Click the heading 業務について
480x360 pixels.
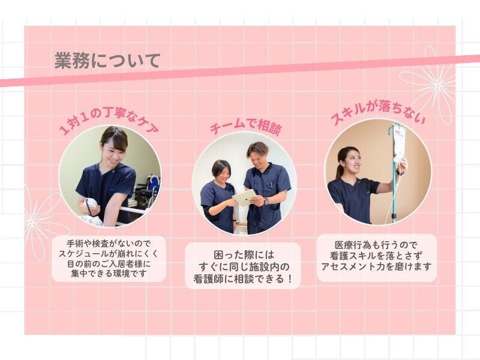tap(107, 61)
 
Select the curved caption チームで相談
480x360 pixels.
tap(245, 125)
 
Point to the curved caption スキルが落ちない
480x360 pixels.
tap(377, 112)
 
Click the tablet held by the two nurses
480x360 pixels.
tap(245, 197)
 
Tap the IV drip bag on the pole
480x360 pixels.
tap(400, 144)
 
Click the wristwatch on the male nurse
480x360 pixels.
tap(266, 202)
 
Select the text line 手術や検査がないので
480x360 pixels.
tap(109, 244)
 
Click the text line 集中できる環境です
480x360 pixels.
tap(109, 274)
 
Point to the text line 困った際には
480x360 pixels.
tap(244, 254)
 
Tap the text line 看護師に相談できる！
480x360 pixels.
tap(244, 278)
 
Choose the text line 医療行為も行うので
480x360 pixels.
tap(376, 245)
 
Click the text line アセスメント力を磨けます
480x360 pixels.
tap(376, 266)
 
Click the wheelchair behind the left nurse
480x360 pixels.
tap(151, 188)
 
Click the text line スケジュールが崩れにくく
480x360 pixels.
tap(109, 254)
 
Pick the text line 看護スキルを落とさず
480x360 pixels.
tap(376, 256)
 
